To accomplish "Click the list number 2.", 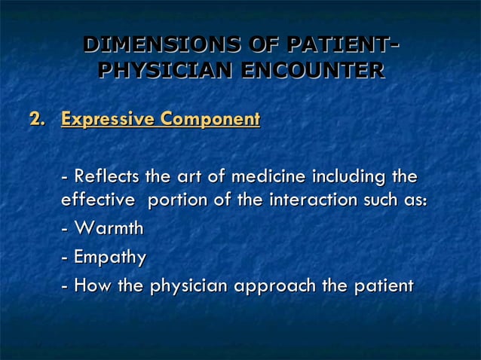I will [x=36, y=119].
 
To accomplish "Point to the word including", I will [x=345, y=178].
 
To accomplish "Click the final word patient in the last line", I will [x=384, y=286].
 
